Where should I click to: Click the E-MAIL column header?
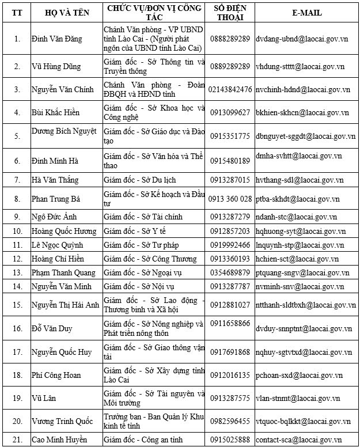(x=306, y=13)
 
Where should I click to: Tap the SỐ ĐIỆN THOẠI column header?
(x=230, y=12)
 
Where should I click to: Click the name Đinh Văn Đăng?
(x=57, y=39)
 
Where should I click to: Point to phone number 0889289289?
(x=230, y=66)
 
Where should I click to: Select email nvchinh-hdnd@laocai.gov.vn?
(x=303, y=89)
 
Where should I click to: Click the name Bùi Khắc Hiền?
(x=56, y=112)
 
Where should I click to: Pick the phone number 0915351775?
(x=230, y=137)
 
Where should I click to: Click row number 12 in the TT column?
(x=17, y=259)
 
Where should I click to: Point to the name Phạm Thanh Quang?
(x=63, y=272)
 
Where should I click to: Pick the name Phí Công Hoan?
(x=56, y=375)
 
